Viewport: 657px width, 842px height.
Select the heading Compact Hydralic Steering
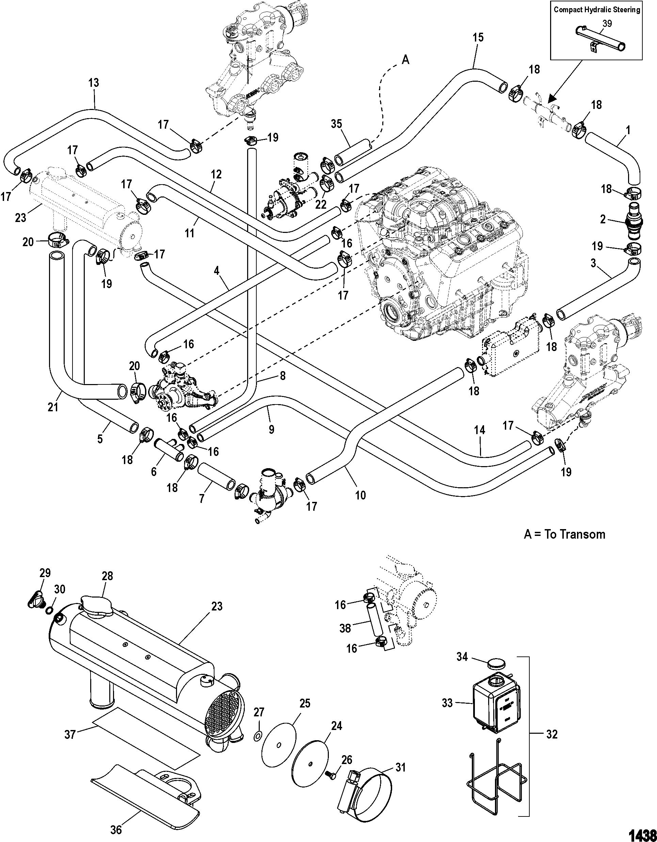[x=597, y=10]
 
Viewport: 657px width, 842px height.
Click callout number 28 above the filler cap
[x=107, y=586]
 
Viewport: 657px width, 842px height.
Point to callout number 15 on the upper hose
[x=478, y=38]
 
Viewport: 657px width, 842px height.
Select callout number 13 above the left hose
[x=93, y=82]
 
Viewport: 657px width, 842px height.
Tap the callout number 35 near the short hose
[x=336, y=124]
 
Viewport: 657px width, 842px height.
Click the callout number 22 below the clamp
[x=321, y=205]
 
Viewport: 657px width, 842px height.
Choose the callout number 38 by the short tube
[x=345, y=629]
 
